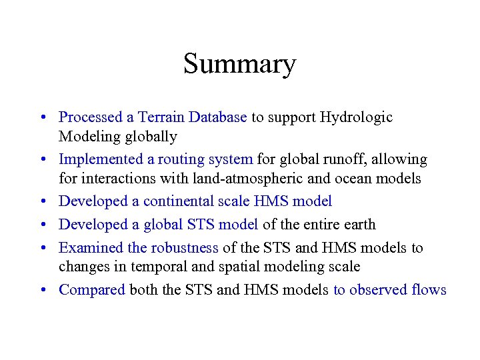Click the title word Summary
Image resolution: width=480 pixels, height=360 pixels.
[x=239, y=64]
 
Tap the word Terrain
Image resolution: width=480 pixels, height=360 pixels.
[x=161, y=117]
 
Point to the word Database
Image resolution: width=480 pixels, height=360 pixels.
[x=217, y=117]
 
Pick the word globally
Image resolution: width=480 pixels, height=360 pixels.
[x=153, y=137]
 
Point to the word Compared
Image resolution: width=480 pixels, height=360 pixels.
[x=92, y=290]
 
